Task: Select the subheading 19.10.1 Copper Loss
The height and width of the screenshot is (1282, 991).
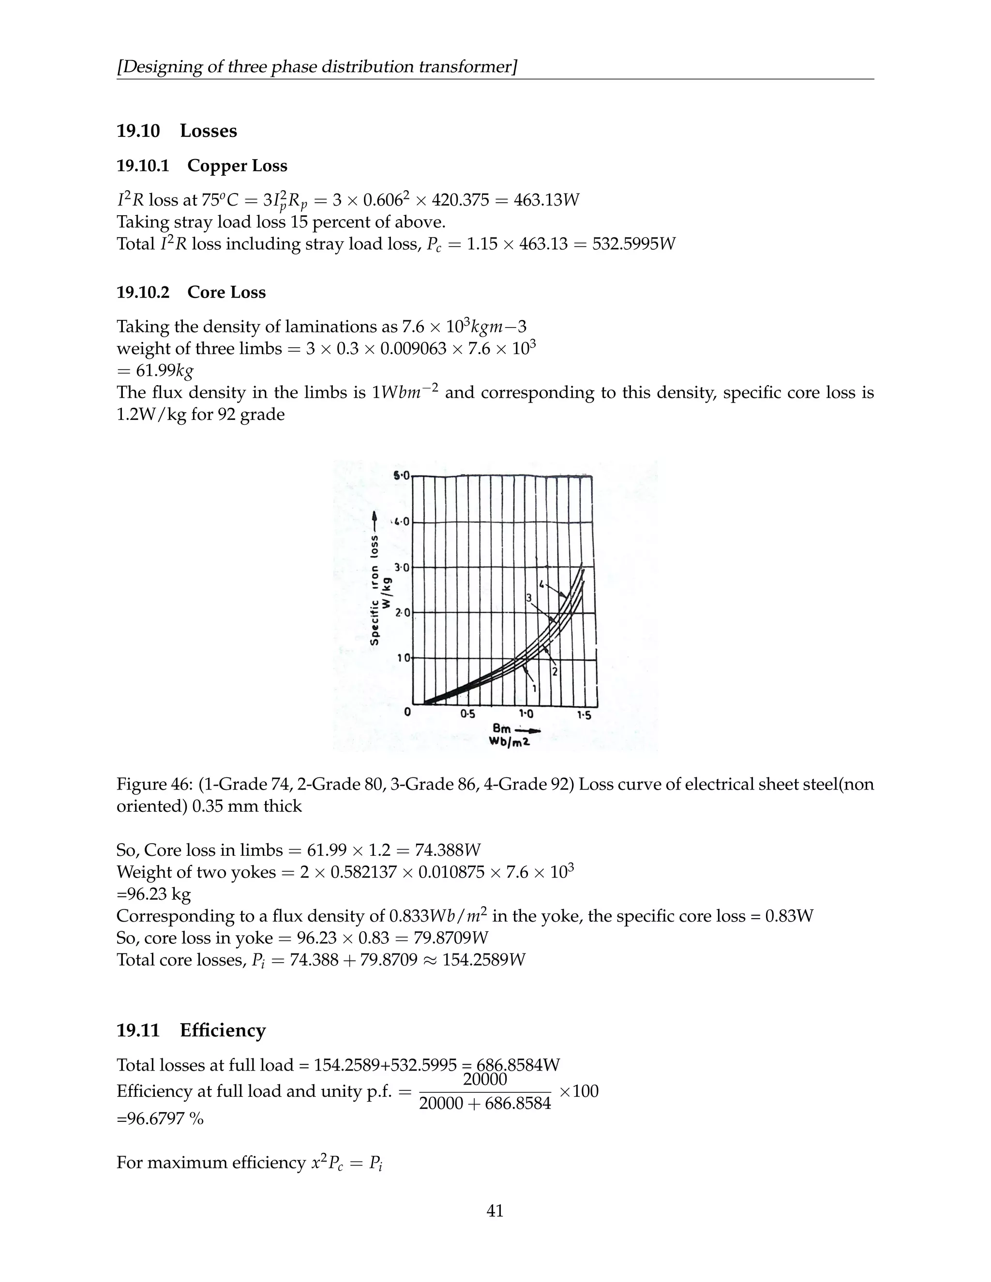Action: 202,166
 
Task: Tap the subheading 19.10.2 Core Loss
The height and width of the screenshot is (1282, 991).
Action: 192,292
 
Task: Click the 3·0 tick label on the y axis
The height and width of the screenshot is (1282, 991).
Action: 401,567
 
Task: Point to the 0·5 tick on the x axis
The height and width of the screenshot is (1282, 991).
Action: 468,715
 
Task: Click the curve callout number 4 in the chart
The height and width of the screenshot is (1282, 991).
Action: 542,585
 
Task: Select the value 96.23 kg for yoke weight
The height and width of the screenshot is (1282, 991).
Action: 154,894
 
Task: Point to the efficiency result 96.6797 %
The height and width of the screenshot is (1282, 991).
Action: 160,1119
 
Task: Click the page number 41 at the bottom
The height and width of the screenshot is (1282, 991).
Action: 495,1210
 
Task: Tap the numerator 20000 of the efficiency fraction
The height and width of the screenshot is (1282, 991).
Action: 485,1079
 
